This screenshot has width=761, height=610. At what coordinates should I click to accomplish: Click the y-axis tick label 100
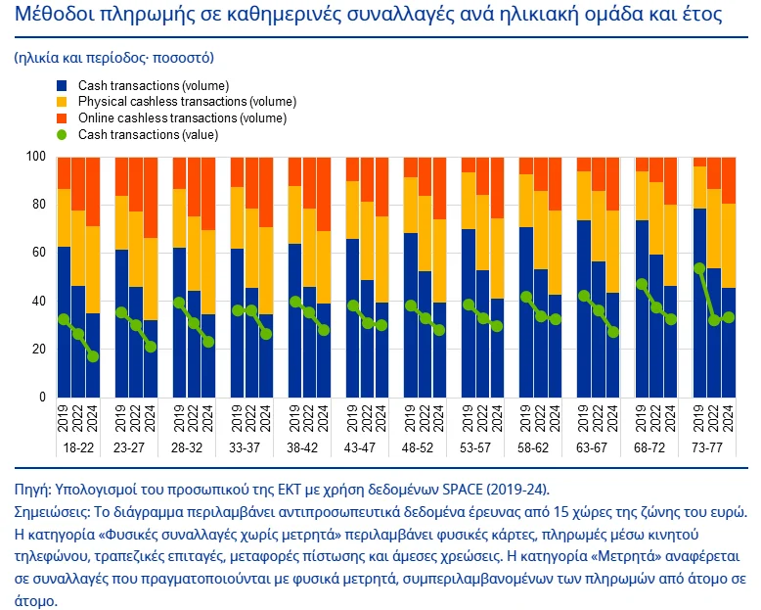point(36,157)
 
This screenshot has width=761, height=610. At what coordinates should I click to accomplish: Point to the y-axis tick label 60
point(39,253)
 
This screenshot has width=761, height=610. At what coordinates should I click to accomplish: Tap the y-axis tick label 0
point(42,398)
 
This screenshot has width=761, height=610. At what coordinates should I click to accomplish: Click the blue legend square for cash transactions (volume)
point(63,86)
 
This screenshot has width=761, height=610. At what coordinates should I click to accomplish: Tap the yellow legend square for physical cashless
point(63,102)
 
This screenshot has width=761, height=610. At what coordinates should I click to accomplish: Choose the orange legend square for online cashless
point(63,118)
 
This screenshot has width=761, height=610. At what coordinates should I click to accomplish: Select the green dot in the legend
point(63,134)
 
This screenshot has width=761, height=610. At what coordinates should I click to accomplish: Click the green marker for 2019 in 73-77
point(699,268)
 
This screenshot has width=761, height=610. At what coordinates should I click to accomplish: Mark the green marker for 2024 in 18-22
point(93,356)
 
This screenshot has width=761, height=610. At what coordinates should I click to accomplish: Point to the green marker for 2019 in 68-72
point(642,284)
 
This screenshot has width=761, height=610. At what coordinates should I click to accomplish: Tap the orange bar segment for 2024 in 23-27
point(151,196)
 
